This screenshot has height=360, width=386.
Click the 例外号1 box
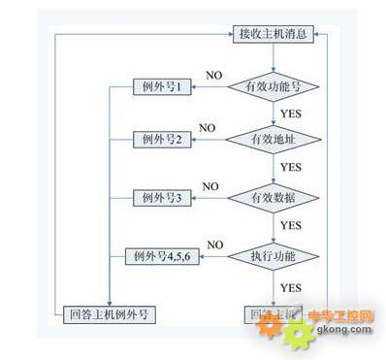(161, 88)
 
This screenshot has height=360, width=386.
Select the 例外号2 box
(161, 141)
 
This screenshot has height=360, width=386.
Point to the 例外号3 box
(161, 198)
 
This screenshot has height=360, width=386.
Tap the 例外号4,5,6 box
(161, 256)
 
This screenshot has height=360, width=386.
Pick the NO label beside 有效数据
(210, 185)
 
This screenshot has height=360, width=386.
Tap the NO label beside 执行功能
(215, 244)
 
